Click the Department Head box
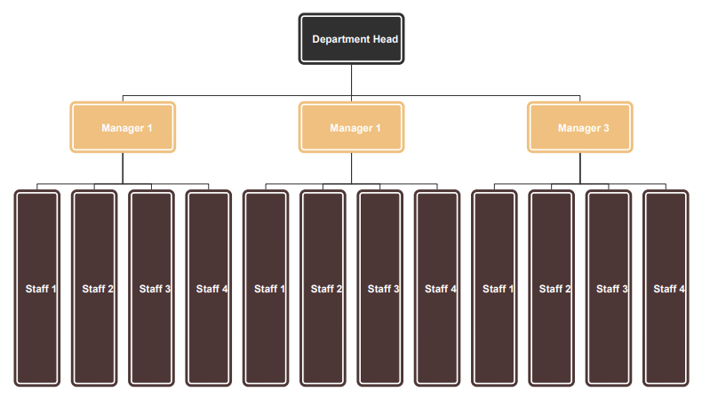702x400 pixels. [x=352, y=39]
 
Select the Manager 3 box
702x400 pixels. [x=579, y=128]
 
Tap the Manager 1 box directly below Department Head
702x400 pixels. [x=352, y=128]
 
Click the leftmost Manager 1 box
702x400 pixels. [x=123, y=128]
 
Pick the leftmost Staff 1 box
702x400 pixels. [x=37, y=288]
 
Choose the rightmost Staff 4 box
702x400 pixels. [x=666, y=288]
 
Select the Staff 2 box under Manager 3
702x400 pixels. [x=552, y=288]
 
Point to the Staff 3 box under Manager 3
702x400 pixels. [x=609, y=288]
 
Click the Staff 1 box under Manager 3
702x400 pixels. [x=494, y=288]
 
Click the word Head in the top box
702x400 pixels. [x=386, y=39]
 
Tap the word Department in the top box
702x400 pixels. [x=341, y=40]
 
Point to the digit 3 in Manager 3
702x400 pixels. [x=606, y=128]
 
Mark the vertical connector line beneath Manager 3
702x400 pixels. [x=579, y=168]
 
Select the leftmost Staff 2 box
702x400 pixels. [x=94, y=288]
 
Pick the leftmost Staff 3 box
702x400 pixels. [x=151, y=288]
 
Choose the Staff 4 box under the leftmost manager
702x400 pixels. [x=209, y=288]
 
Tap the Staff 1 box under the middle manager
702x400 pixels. [x=266, y=288]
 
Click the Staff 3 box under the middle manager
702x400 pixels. [x=380, y=288]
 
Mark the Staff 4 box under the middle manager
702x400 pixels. [x=437, y=288]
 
